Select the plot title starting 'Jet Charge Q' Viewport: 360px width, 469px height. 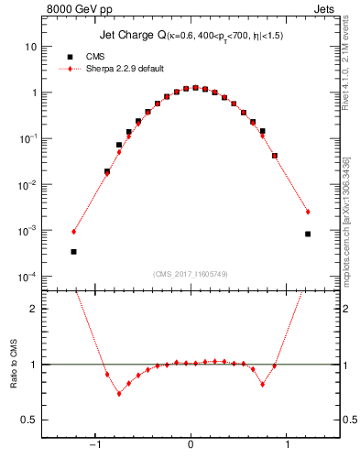190,36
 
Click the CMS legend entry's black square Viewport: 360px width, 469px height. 70,57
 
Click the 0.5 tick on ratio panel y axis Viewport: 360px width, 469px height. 28,420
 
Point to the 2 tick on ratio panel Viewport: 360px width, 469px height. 33,309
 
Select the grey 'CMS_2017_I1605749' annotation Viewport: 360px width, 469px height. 190,274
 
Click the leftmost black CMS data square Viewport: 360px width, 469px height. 73,251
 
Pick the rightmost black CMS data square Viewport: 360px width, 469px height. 308,234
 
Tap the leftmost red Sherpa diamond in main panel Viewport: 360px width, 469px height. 73,231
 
